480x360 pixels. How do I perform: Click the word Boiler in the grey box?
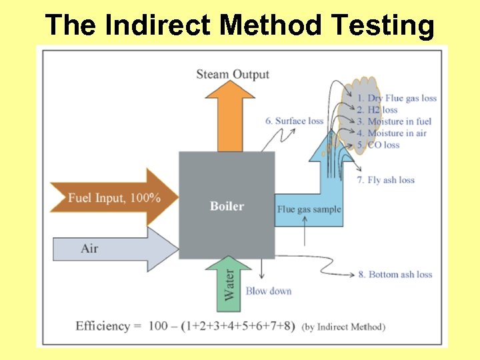(227, 206)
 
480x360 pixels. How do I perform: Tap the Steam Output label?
(233, 74)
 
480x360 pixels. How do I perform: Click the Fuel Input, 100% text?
(114, 198)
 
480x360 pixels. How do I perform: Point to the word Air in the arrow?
(89, 249)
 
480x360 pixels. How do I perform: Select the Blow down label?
(269, 291)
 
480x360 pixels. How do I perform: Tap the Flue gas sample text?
(309, 209)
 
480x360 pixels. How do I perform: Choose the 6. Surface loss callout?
(294, 121)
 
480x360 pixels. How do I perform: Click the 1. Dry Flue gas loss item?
(397, 98)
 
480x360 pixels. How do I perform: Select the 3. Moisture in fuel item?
(394, 121)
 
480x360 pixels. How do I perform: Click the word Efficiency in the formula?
(103, 326)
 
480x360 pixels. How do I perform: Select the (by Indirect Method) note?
(343, 327)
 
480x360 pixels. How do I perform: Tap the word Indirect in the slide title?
(158, 26)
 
